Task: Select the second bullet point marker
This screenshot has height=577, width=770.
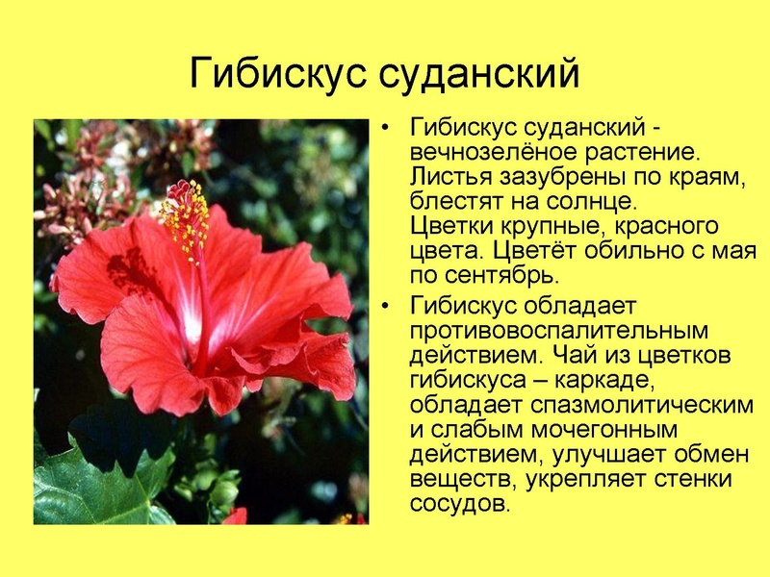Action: pyautogui.click(x=387, y=307)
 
